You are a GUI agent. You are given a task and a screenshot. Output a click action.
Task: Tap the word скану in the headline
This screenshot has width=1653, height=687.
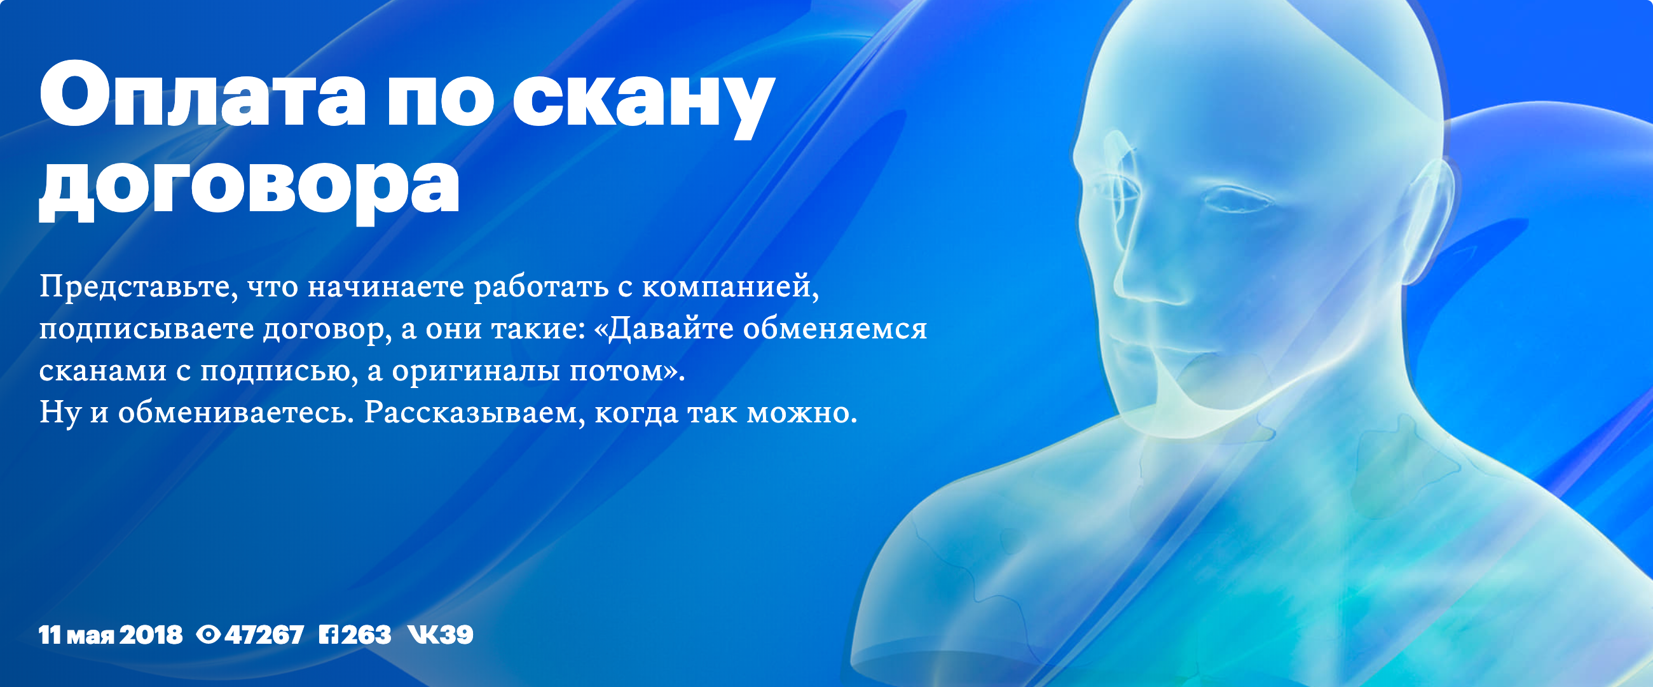(642, 107)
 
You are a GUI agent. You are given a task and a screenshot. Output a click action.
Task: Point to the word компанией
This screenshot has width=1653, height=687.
(731, 286)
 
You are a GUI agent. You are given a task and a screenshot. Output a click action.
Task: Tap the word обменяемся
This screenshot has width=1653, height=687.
(835, 329)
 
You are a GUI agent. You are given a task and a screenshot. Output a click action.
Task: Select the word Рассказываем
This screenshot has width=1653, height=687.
(475, 413)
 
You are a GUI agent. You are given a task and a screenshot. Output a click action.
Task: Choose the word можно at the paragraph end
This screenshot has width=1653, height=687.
(802, 413)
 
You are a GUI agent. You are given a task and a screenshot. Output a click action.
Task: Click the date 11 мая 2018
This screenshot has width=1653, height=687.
(111, 635)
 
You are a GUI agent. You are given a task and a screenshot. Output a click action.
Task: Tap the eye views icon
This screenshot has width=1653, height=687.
(208, 635)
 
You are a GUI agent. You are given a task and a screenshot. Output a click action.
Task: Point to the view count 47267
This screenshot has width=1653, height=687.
(264, 635)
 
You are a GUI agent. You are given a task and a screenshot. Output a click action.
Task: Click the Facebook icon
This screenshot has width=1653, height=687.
(329, 635)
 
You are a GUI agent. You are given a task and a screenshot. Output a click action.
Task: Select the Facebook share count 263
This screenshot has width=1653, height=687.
(366, 635)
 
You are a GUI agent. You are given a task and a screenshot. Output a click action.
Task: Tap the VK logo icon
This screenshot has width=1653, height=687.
(423, 635)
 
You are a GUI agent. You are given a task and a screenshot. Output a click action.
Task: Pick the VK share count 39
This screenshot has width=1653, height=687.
(456, 635)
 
